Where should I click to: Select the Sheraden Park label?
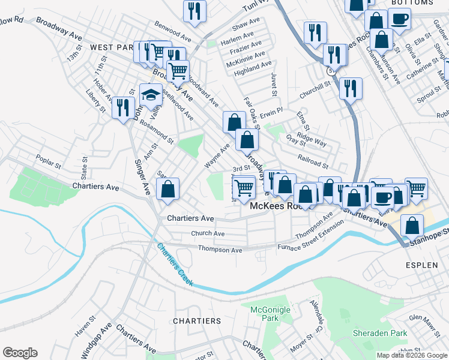[x=379, y=333]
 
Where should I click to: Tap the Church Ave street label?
[x=208, y=233]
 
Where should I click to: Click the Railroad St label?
[x=313, y=161]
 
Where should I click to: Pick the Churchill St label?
[x=315, y=88]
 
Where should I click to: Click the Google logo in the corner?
[x=20, y=353]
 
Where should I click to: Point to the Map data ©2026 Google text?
[x=411, y=355]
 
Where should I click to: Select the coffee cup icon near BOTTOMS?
[x=399, y=18]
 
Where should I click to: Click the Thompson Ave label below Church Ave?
[x=220, y=249]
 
